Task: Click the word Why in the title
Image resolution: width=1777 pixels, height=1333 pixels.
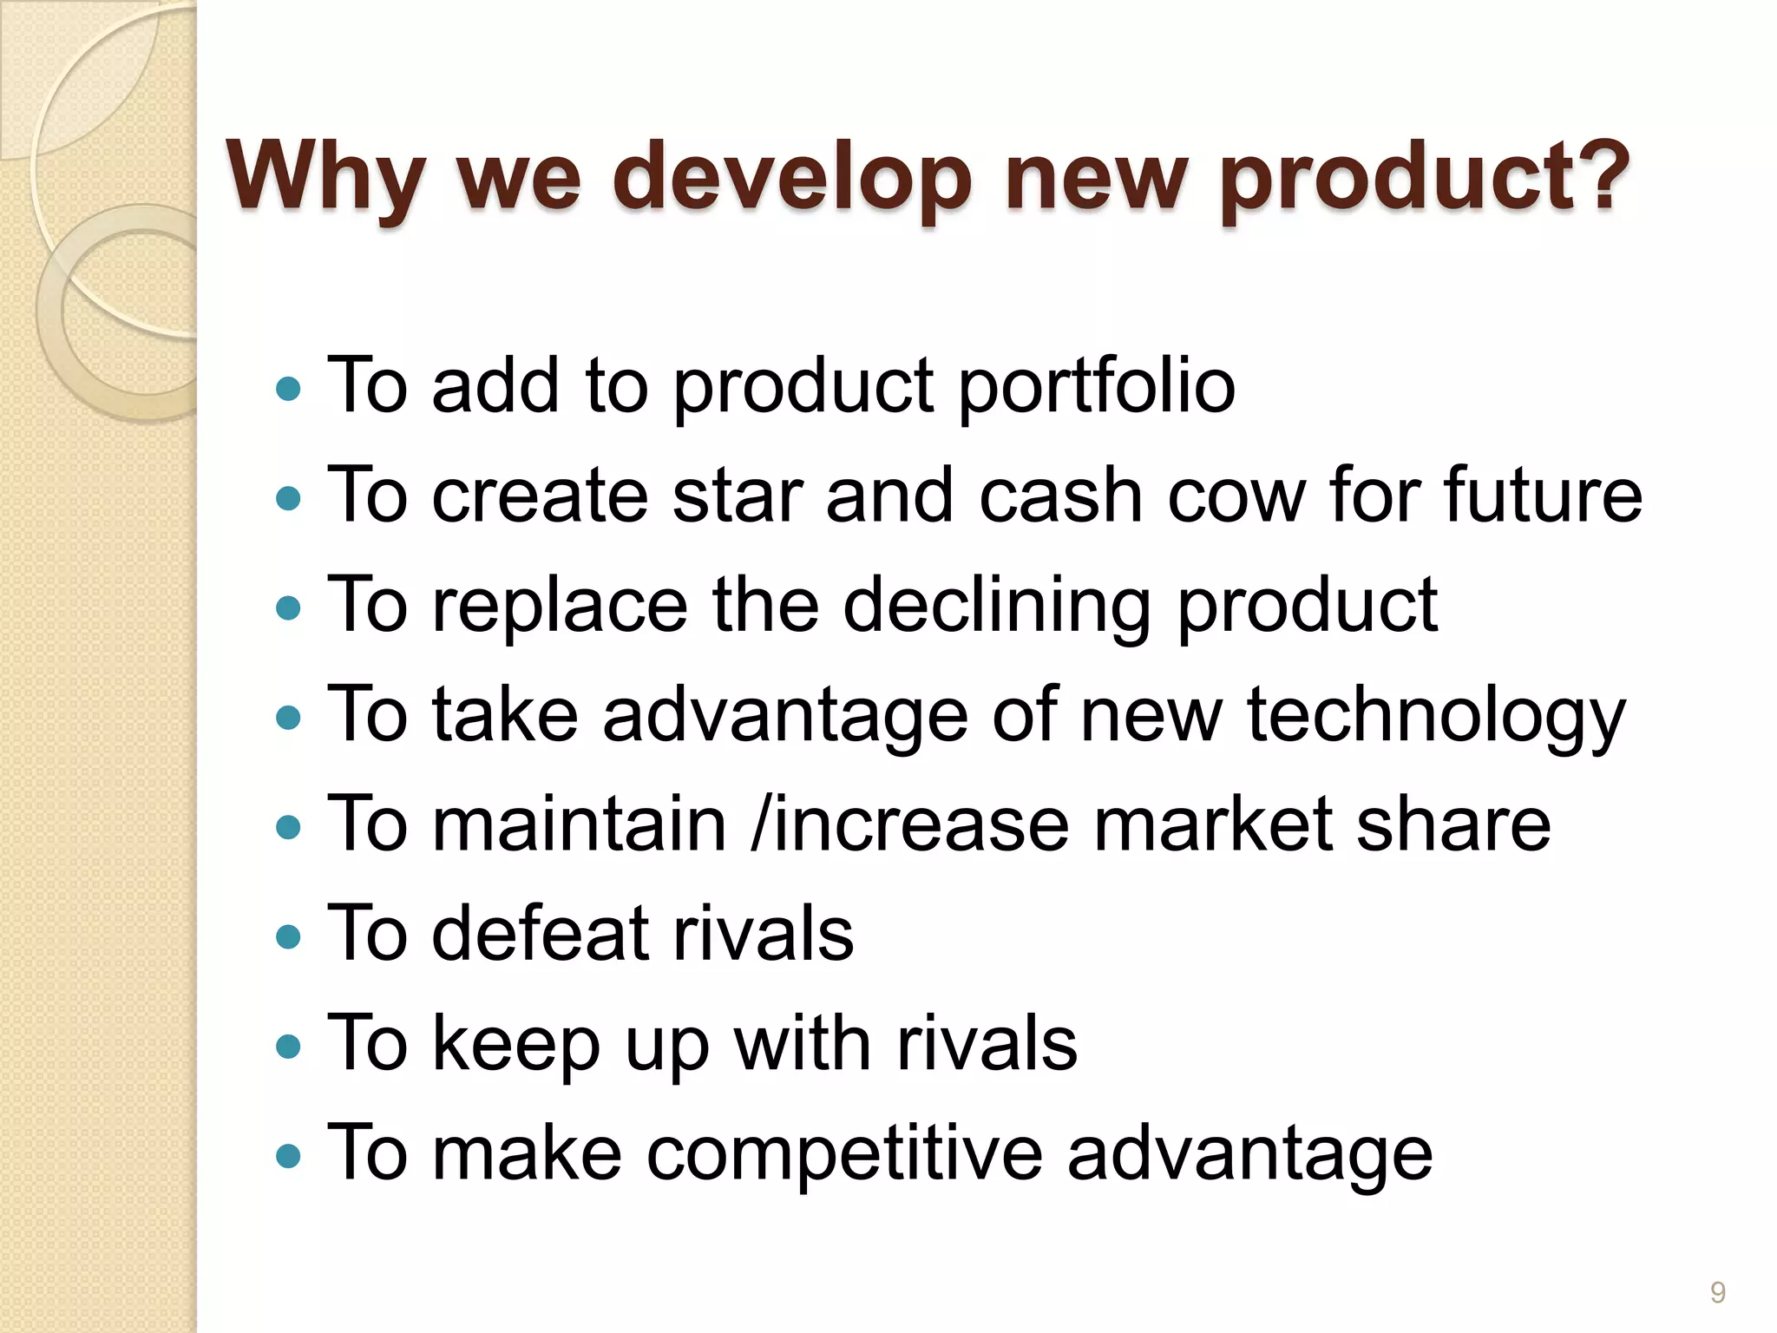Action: point(325,178)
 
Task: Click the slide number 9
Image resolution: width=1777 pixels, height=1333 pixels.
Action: point(1717,1292)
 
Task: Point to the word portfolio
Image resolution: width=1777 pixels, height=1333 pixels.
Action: point(1097,386)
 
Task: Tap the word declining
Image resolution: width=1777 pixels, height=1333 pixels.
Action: point(997,606)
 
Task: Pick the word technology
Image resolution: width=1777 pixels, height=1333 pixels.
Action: point(1436,716)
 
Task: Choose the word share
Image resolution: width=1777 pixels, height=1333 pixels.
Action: point(1453,824)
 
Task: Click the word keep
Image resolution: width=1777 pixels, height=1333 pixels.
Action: point(515,1044)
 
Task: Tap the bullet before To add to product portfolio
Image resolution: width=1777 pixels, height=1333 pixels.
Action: point(287,388)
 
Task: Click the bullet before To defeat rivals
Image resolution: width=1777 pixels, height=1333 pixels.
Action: point(287,936)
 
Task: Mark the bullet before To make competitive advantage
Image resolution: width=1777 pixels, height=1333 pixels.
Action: point(287,1156)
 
